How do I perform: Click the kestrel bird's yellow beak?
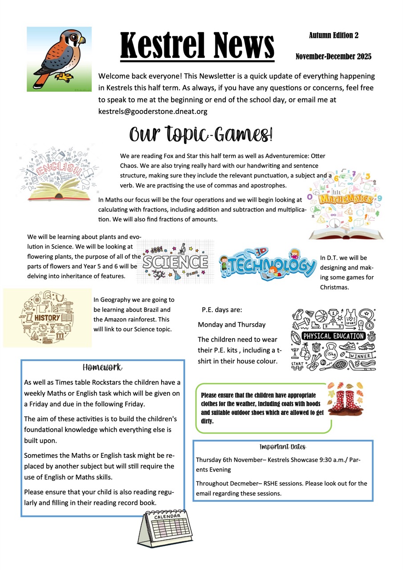[x=81, y=41]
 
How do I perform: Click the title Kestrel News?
[x=197, y=46]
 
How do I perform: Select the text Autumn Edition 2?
[x=334, y=35]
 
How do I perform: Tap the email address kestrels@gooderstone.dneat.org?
[x=153, y=111]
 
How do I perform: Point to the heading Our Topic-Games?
[x=200, y=133]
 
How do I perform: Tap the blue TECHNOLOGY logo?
[x=268, y=265]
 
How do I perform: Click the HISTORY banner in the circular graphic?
[x=47, y=318]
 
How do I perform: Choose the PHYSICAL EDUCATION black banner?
[x=333, y=336]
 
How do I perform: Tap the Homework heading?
[x=102, y=367]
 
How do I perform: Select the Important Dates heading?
[x=283, y=447]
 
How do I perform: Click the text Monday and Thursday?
[x=232, y=325]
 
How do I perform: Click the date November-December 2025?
[x=333, y=57]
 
